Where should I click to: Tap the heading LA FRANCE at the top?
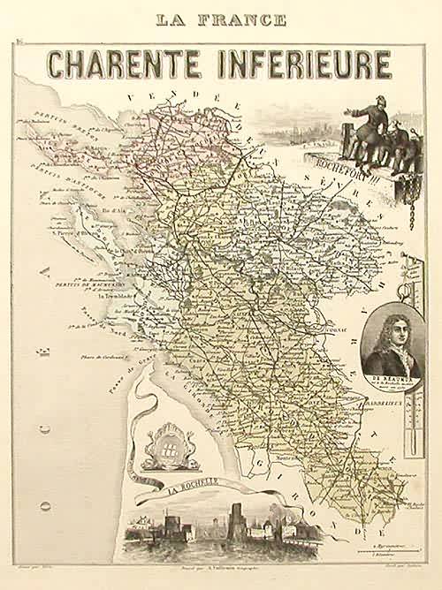click(x=220, y=19)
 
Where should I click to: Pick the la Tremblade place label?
click(x=117, y=296)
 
